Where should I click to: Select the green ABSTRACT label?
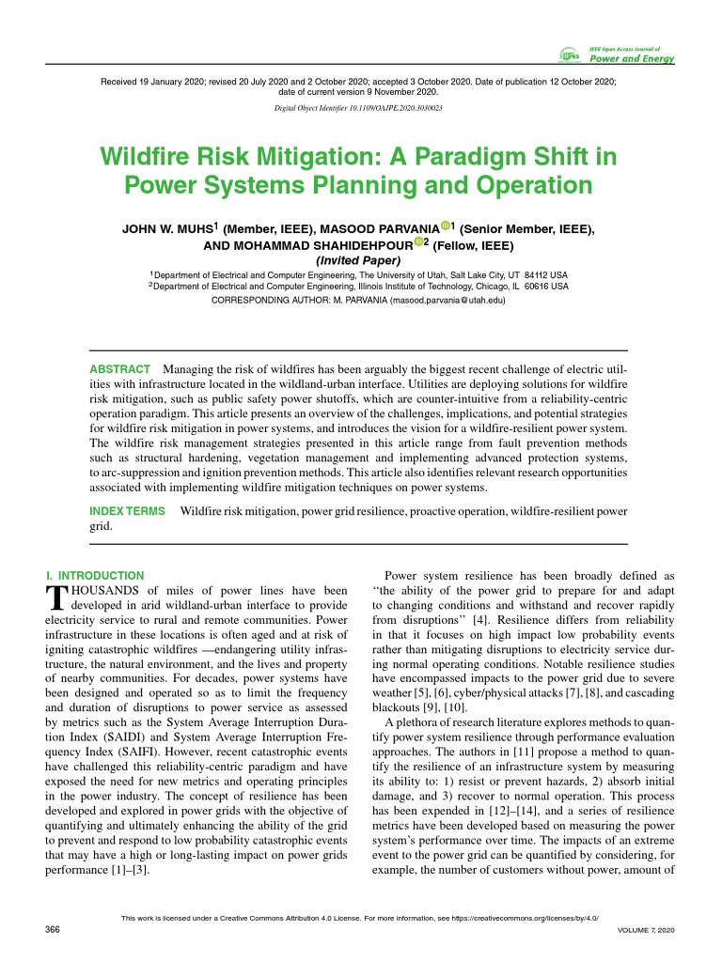click(119, 369)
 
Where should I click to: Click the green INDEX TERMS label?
click(127, 511)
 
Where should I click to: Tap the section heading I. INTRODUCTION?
click(95, 575)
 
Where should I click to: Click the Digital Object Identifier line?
click(358, 108)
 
